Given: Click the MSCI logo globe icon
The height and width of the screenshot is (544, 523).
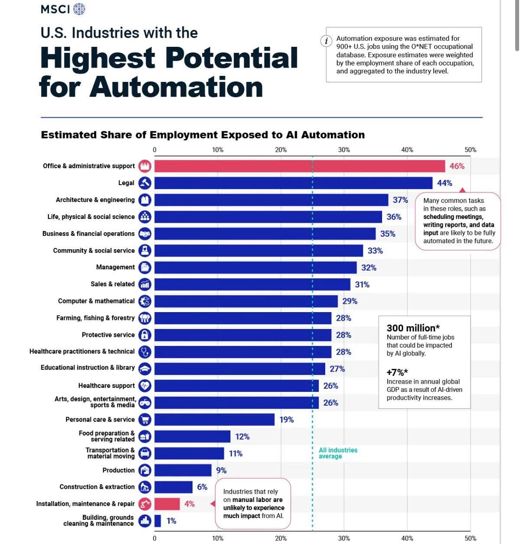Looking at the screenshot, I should pos(79,9).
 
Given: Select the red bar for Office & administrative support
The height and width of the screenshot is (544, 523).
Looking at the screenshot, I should pos(299,166).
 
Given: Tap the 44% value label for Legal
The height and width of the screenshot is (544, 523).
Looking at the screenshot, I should pos(445,183).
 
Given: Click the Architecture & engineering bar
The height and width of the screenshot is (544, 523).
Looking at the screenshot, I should pos(271,200).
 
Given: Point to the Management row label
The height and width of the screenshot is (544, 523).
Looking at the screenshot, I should pos(115,267).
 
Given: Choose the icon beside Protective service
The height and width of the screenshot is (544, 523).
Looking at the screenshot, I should pos(145,335).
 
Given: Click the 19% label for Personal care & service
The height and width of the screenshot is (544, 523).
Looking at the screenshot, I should pos(287,420).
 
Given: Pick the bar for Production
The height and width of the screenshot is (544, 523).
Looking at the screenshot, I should pos(183,470).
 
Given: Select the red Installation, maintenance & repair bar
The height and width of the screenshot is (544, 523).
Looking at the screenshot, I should pos(167,504).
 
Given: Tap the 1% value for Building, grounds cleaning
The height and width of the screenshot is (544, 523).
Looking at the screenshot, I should pos(171,521).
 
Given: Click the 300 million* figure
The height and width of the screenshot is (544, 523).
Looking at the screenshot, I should pos(413,328).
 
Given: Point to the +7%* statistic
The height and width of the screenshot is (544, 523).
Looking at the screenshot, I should pos(397,372).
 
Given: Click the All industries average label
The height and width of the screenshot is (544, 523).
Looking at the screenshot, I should pos(338,453).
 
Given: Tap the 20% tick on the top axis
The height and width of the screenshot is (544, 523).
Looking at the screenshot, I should pos(281,150).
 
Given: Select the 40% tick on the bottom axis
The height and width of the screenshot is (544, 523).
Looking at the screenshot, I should pos(407,538).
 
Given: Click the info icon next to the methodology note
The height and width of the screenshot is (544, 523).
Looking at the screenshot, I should pos(326,41).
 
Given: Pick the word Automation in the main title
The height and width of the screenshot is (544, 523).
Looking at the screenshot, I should pos(177,87).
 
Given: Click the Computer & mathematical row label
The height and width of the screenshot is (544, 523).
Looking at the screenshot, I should pos(96,301).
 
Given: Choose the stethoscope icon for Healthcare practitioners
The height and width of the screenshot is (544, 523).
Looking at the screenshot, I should pos(145,352).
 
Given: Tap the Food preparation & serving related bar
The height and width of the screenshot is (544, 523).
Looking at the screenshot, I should pos(192,437).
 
